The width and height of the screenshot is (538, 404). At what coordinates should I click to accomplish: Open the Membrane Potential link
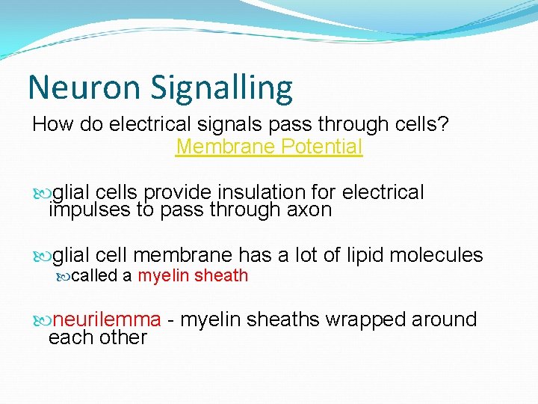269,147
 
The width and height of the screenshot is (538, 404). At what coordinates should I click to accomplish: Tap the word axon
309,210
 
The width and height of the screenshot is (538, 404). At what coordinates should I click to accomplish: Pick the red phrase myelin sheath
193,275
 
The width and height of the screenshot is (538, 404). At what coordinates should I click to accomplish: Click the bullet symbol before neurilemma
43,320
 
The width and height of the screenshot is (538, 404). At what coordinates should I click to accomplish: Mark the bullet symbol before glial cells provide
43,193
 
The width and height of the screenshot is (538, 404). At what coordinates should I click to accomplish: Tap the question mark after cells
444,124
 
